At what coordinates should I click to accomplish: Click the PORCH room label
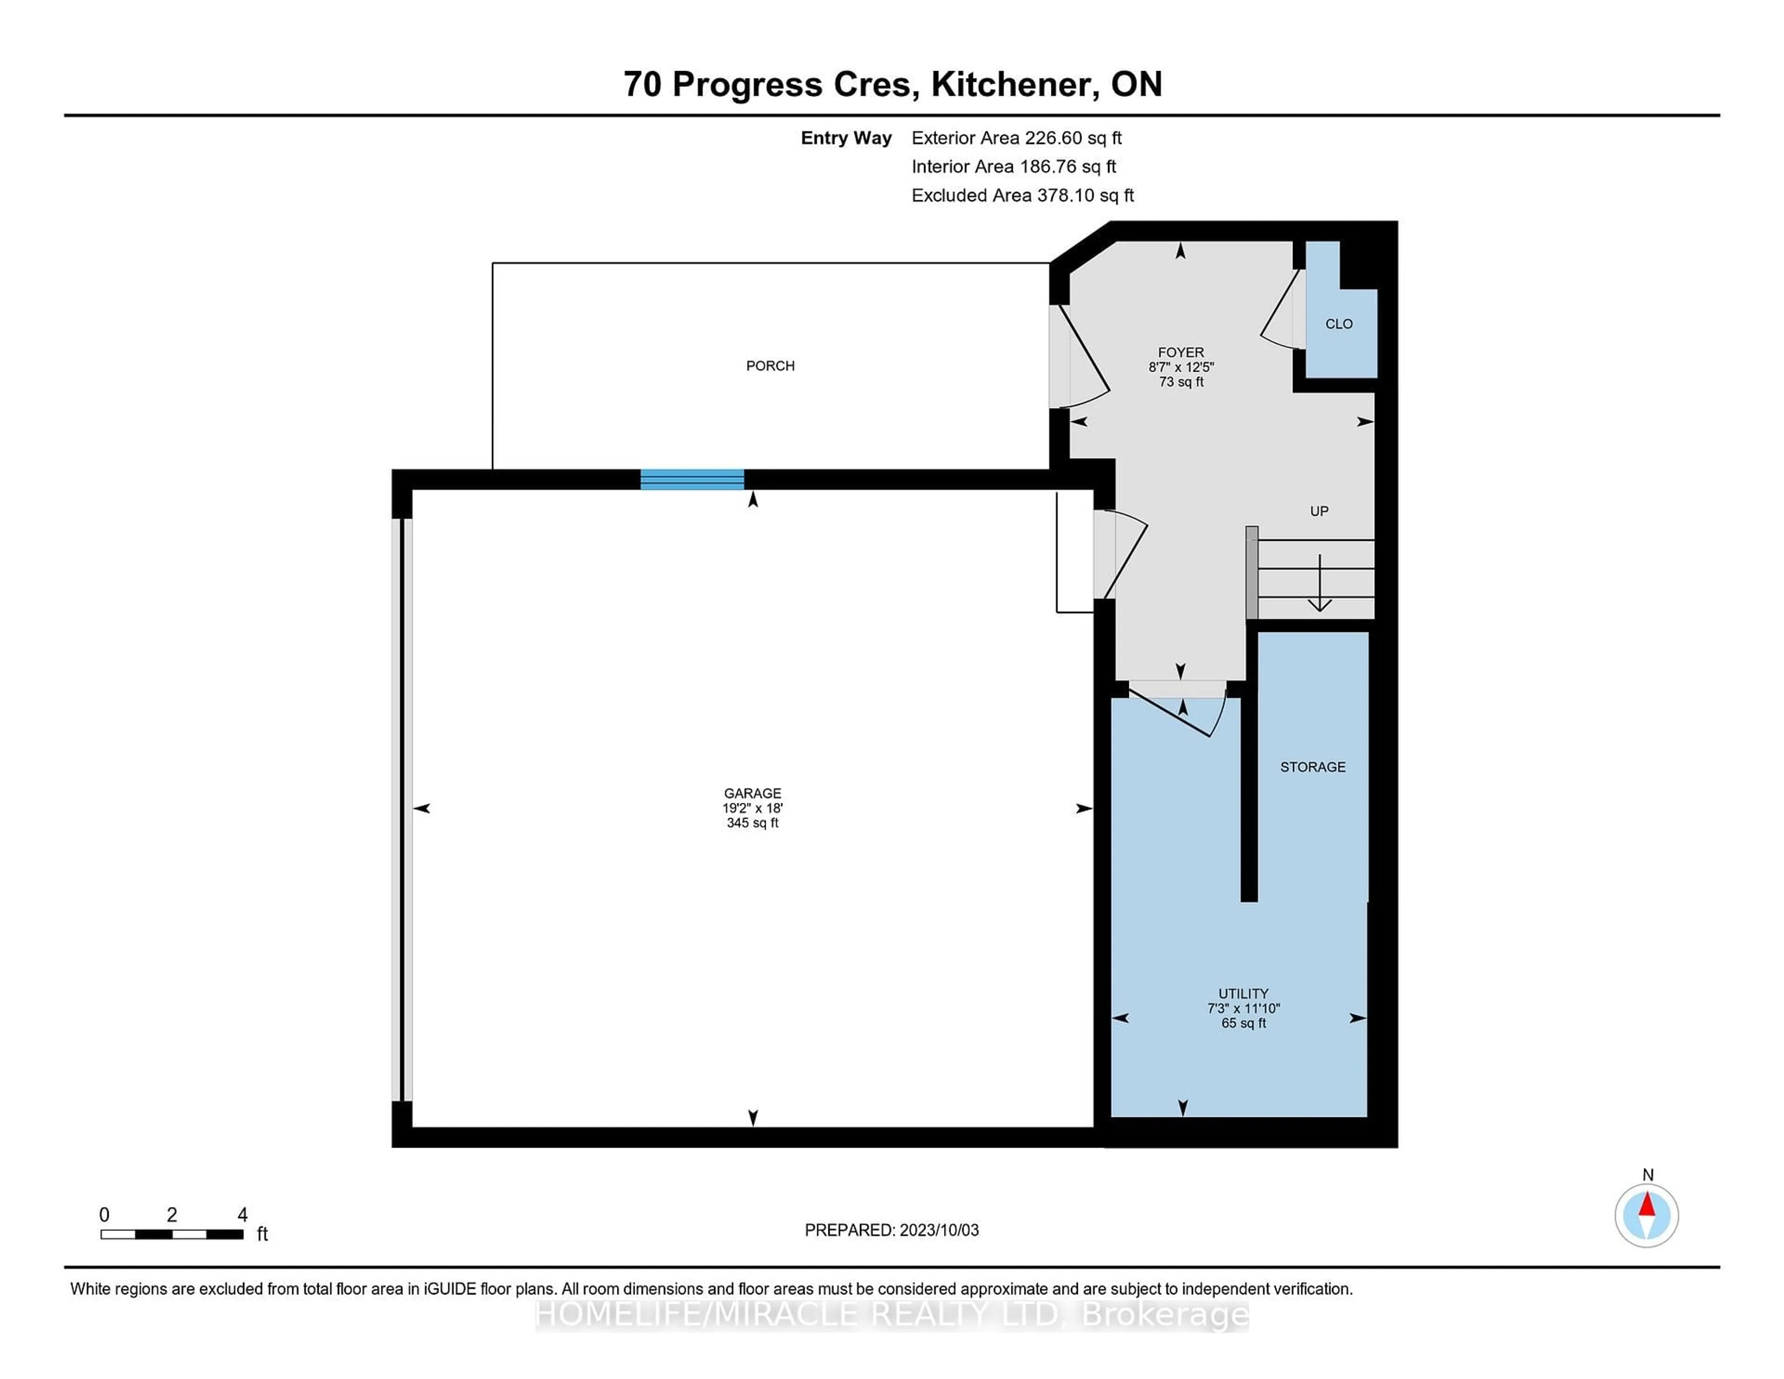coord(770,366)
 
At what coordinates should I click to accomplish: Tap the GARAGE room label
coord(752,793)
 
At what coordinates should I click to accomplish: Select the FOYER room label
coord(1181,353)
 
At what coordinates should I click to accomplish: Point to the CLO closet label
coord(1339,324)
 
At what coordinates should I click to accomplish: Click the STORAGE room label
coord(1312,767)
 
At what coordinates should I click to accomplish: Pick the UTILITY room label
coord(1243,994)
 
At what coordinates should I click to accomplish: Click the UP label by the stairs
coord(1319,512)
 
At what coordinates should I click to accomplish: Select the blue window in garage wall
coord(692,479)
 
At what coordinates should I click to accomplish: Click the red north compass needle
coord(1647,1204)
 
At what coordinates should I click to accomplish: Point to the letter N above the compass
coord(1647,1175)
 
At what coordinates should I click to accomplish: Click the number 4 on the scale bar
coord(243,1215)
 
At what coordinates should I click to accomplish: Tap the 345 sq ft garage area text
coord(752,823)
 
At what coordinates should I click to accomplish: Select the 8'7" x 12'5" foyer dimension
coord(1181,368)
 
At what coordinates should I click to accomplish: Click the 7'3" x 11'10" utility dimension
coord(1243,1009)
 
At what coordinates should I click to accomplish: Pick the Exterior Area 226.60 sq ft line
coord(1017,138)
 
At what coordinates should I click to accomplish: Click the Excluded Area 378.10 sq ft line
coord(1023,195)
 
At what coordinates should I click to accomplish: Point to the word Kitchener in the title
coord(1011,84)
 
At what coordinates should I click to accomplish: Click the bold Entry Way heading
coord(846,138)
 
